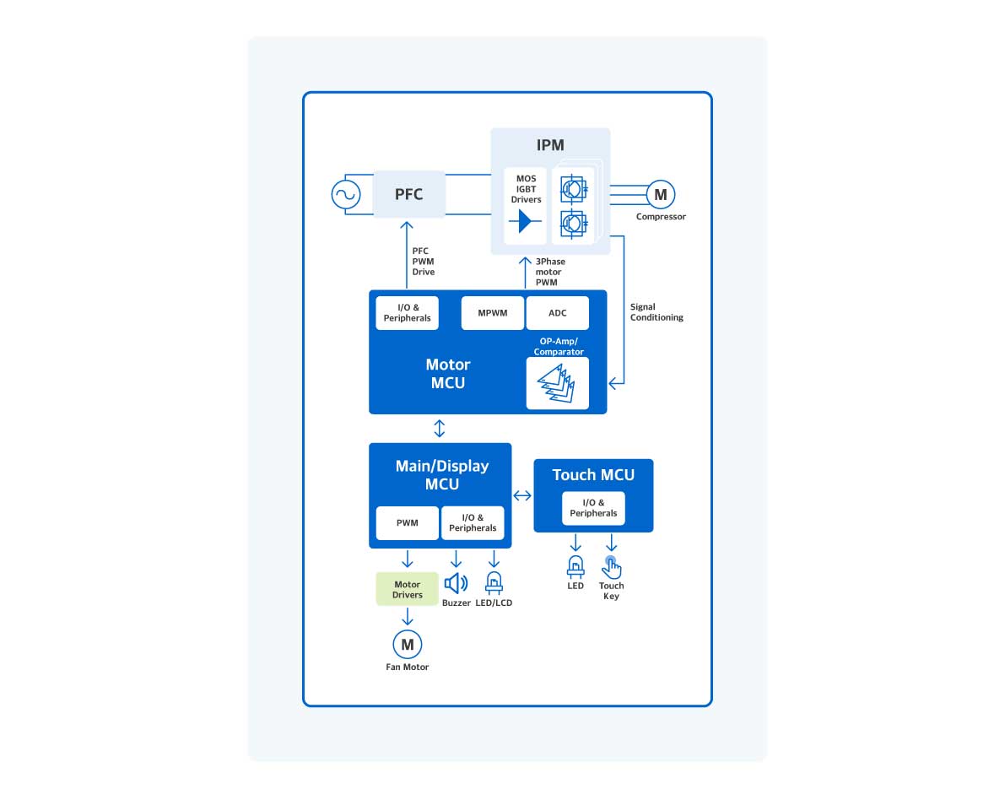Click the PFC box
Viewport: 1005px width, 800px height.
(x=409, y=194)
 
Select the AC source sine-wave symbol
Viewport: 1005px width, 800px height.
(x=345, y=195)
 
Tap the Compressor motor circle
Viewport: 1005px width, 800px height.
(x=660, y=195)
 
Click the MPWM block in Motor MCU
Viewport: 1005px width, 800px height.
(x=493, y=313)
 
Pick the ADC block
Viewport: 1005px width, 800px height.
(x=557, y=313)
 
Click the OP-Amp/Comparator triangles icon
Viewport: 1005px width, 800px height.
(x=557, y=383)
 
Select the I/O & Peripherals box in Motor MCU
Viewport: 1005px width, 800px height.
(x=408, y=313)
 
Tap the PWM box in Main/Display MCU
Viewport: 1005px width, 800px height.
(x=407, y=523)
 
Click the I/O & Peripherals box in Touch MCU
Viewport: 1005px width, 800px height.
(x=593, y=508)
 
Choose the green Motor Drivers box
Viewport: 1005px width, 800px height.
(x=407, y=589)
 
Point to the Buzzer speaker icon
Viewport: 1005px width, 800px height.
(x=456, y=583)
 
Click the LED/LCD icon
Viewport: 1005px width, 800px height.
(x=494, y=583)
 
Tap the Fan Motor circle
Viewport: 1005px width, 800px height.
(x=407, y=645)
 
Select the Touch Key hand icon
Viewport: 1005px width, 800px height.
(x=611, y=567)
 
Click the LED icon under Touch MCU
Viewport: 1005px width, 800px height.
(x=575, y=566)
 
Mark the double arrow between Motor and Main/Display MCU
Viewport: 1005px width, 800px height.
(x=439, y=428)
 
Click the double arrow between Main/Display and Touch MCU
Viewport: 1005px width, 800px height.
(x=522, y=495)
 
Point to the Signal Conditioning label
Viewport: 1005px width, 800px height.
(x=656, y=312)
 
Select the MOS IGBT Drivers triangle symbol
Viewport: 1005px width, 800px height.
(x=525, y=222)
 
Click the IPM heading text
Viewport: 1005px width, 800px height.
(x=550, y=145)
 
